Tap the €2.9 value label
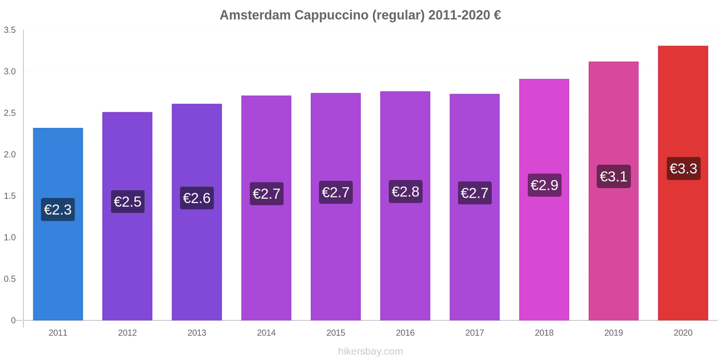pos(544,185)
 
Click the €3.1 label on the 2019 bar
pos(613,176)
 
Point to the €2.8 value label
pos(405,192)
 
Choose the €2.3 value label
pos(58,209)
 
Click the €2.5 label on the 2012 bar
pos(127,202)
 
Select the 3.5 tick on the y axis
pos(10,30)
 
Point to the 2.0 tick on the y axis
pos(10,154)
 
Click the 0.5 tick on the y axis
pos(10,279)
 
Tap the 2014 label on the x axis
pos(266,333)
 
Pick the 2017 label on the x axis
pos(474,333)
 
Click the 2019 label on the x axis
pos(613,333)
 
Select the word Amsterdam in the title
pos(255,15)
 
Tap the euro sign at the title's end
pos(497,15)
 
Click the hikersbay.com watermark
pos(370,351)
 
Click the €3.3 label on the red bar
pos(683,169)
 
